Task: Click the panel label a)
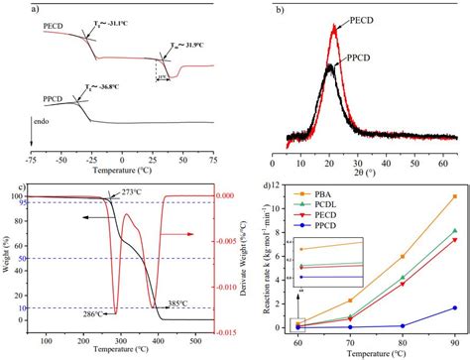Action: pos(7,8)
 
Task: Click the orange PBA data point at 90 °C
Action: pos(454,196)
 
